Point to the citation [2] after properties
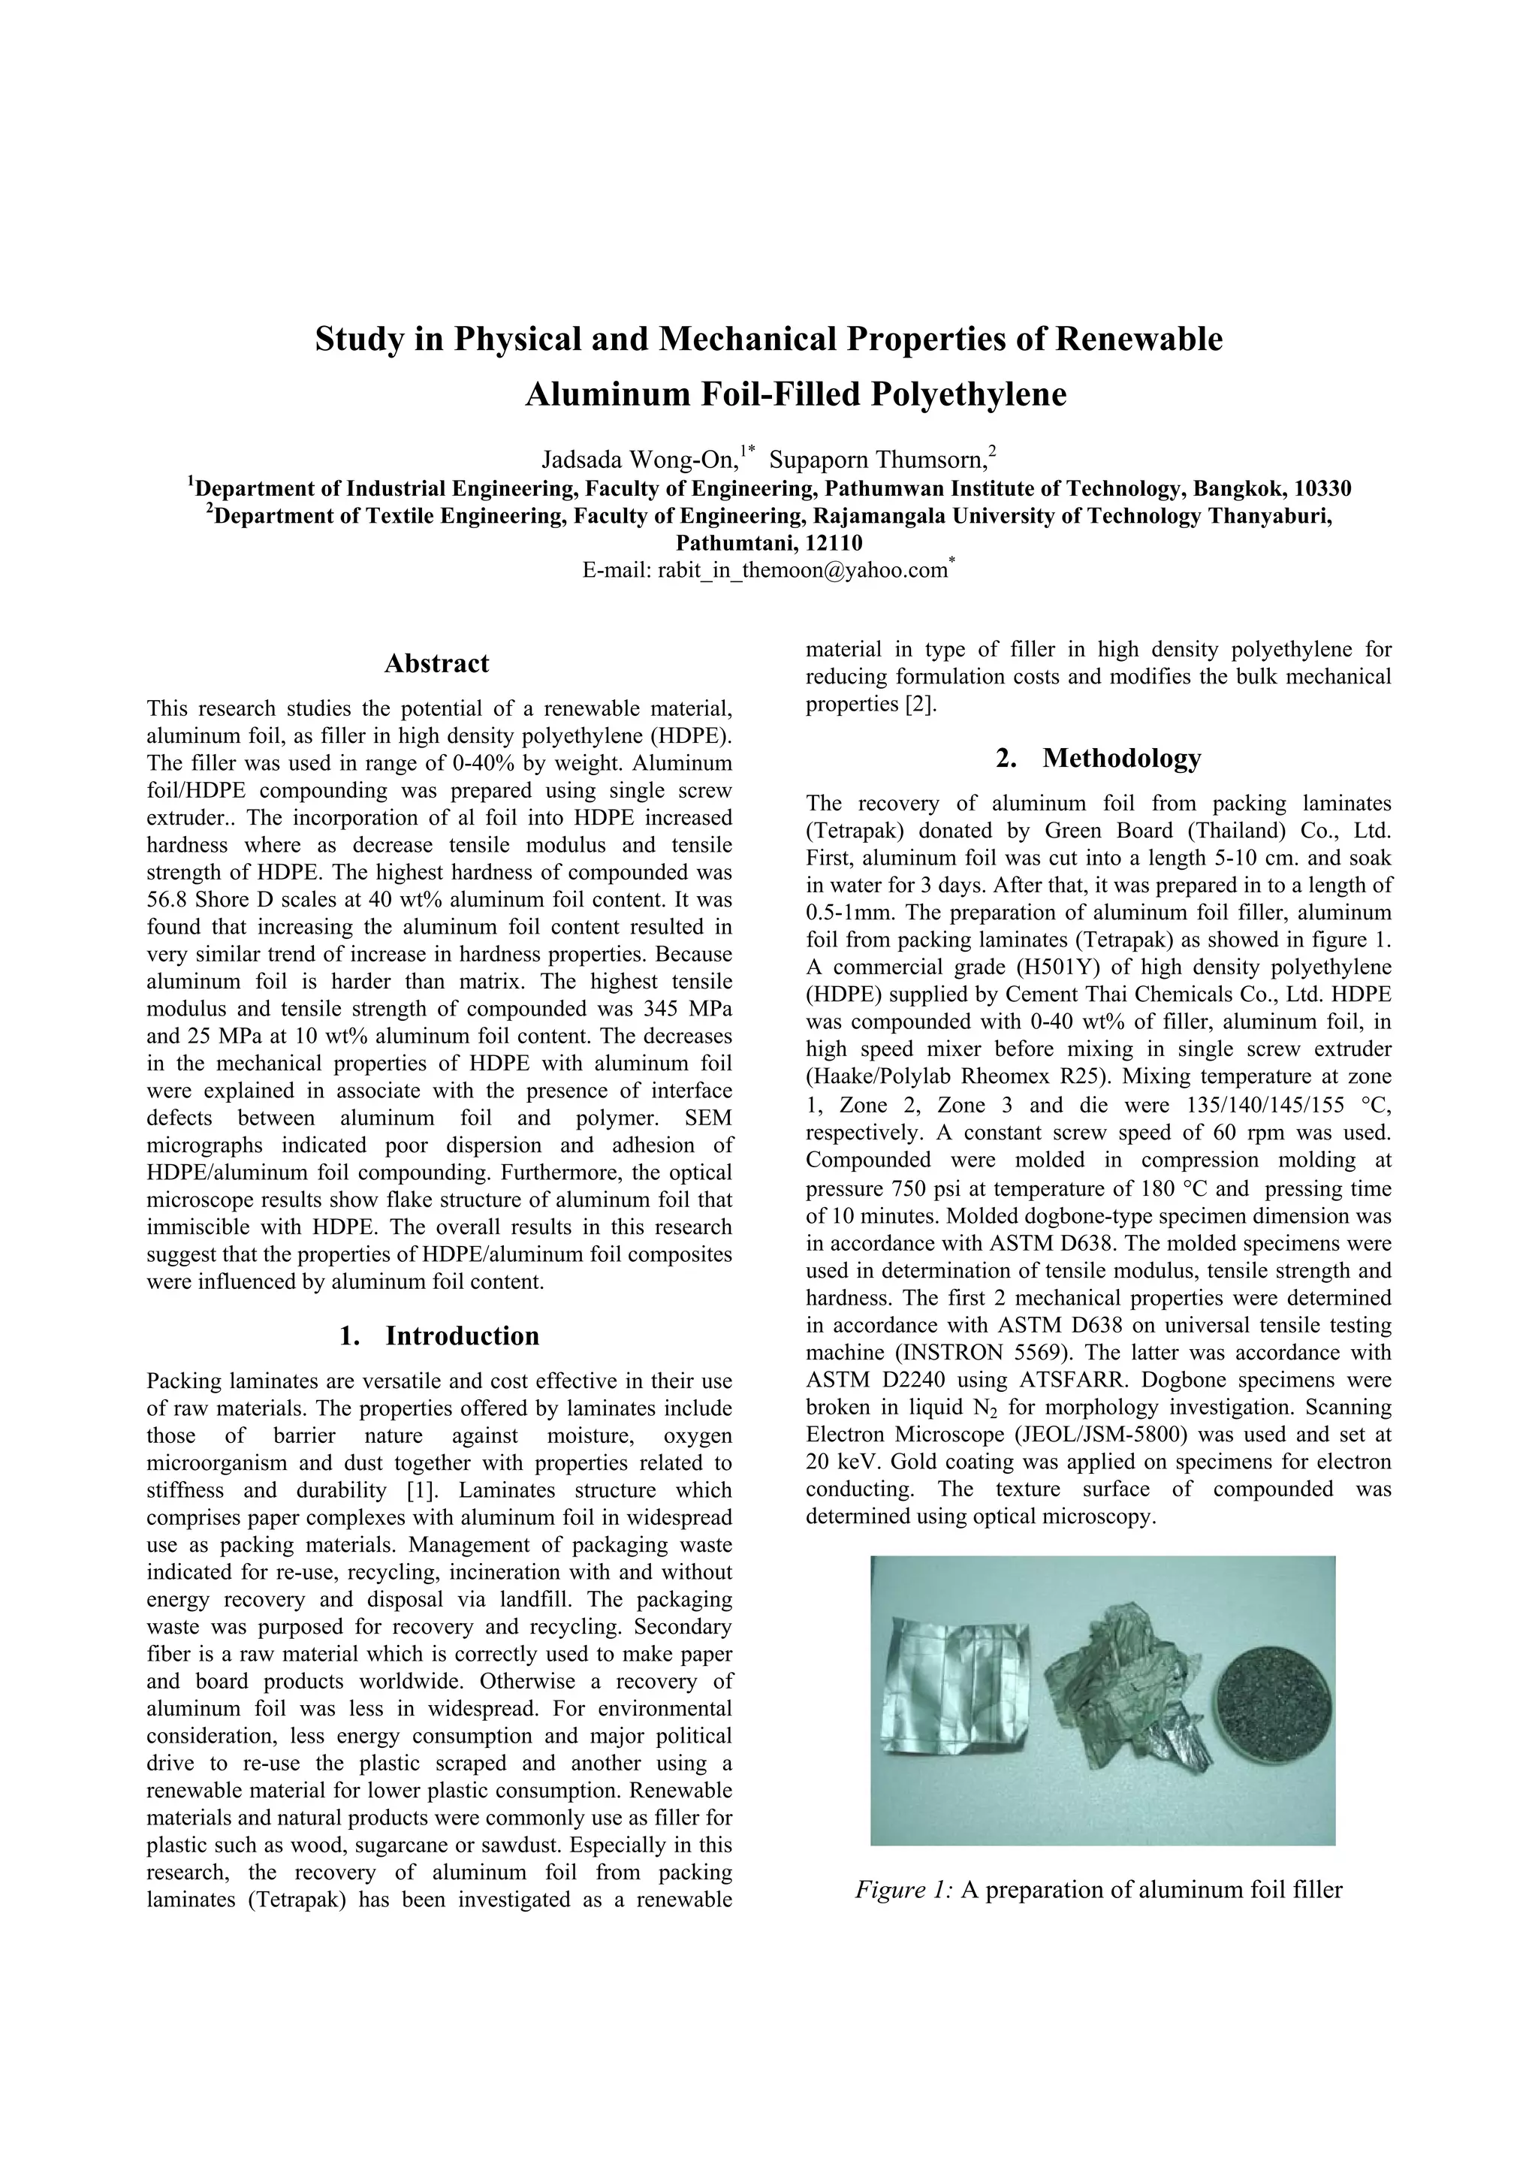pyautogui.click(x=919, y=705)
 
